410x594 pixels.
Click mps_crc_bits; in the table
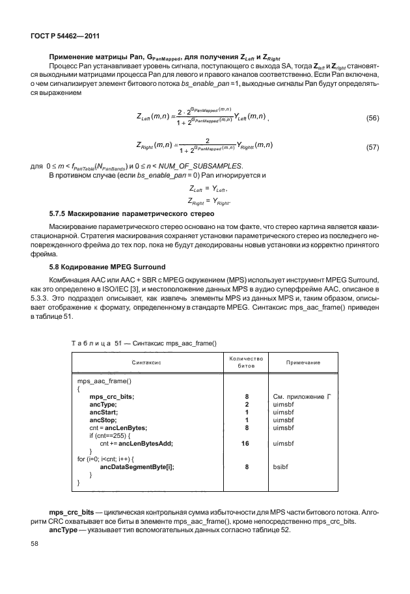[x=112, y=396]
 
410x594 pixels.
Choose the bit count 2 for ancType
[x=247, y=404]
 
